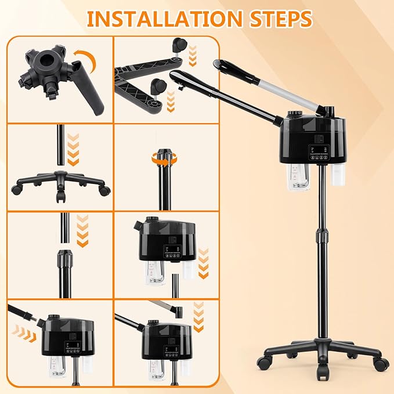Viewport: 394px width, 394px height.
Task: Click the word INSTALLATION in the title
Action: (x=164, y=19)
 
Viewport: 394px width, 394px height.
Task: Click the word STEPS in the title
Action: (x=281, y=19)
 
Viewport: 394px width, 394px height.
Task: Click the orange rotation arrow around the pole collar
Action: (x=165, y=160)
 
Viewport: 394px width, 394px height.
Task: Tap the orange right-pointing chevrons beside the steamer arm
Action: (x=24, y=333)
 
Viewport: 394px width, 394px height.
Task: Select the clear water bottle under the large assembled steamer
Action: (x=298, y=176)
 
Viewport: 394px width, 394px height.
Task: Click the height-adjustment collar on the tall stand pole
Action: (x=322, y=236)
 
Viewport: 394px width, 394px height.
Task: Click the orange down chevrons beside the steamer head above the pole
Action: (x=203, y=263)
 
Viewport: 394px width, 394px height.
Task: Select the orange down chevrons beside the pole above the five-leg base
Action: (x=73, y=150)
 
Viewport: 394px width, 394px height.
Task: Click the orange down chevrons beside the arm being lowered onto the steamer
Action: (x=198, y=317)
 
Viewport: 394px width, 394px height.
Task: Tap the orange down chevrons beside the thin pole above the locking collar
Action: (x=82, y=231)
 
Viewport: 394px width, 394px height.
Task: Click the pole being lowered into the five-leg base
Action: (x=60, y=144)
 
